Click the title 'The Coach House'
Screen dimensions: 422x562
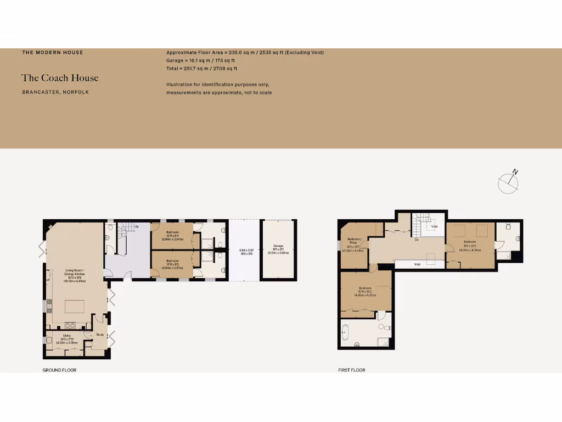pos(60,78)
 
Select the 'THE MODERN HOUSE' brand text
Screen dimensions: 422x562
pos(53,53)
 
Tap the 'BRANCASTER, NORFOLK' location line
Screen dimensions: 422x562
pos(55,92)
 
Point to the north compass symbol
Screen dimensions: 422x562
pos(508,182)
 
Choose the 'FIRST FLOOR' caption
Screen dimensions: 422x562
pos(352,370)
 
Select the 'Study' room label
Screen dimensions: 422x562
pos(100,334)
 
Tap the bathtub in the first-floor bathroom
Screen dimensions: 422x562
pos(345,331)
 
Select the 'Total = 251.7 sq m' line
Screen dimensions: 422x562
pos(201,69)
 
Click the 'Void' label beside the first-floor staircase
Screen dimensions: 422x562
pos(434,226)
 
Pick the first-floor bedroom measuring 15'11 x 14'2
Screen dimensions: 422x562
pos(366,291)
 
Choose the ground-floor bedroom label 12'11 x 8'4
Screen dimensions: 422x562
pos(171,236)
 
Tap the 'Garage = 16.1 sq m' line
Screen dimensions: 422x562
pos(200,60)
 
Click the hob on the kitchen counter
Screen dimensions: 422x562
pos(70,325)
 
